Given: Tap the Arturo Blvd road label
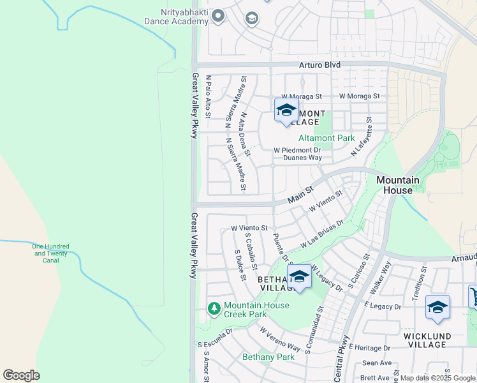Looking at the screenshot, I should (320, 65).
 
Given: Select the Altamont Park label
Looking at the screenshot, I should (327, 138).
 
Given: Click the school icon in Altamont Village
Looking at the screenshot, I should (286, 110).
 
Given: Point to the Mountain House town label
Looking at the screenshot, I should (398, 185).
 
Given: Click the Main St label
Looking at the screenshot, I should (300, 195).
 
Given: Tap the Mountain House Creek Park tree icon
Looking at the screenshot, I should (215, 310).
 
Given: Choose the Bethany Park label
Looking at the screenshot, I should (268, 357).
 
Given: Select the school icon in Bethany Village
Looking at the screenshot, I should (299, 276).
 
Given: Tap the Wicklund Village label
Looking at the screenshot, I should (427, 340).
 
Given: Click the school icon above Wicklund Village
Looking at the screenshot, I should (437, 308).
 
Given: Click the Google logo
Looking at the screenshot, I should (21, 375).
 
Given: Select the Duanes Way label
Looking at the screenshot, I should (302, 158).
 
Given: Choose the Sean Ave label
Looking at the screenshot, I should (376, 363).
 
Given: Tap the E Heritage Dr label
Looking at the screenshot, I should (369, 348).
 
